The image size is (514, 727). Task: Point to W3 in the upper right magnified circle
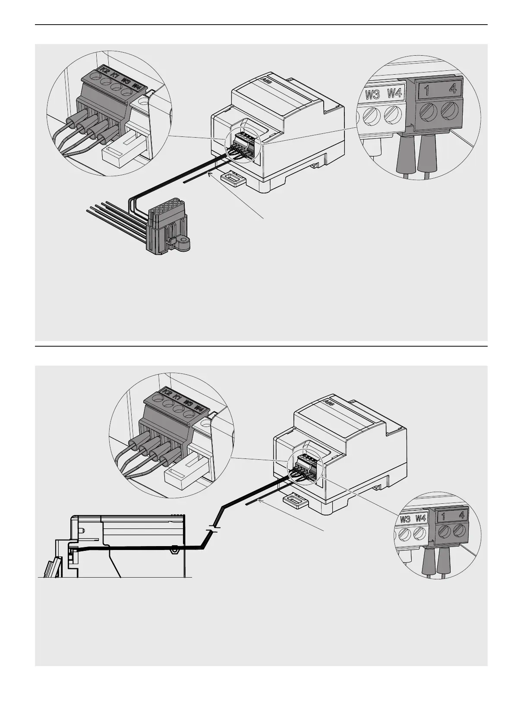click(x=372, y=94)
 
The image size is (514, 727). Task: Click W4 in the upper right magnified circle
click(x=394, y=93)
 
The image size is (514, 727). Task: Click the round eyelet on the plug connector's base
click(x=186, y=240)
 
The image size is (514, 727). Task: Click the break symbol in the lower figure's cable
click(x=213, y=529)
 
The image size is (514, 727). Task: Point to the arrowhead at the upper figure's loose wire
click(x=211, y=174)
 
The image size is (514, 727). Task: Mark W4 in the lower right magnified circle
click(x=420, y=518)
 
